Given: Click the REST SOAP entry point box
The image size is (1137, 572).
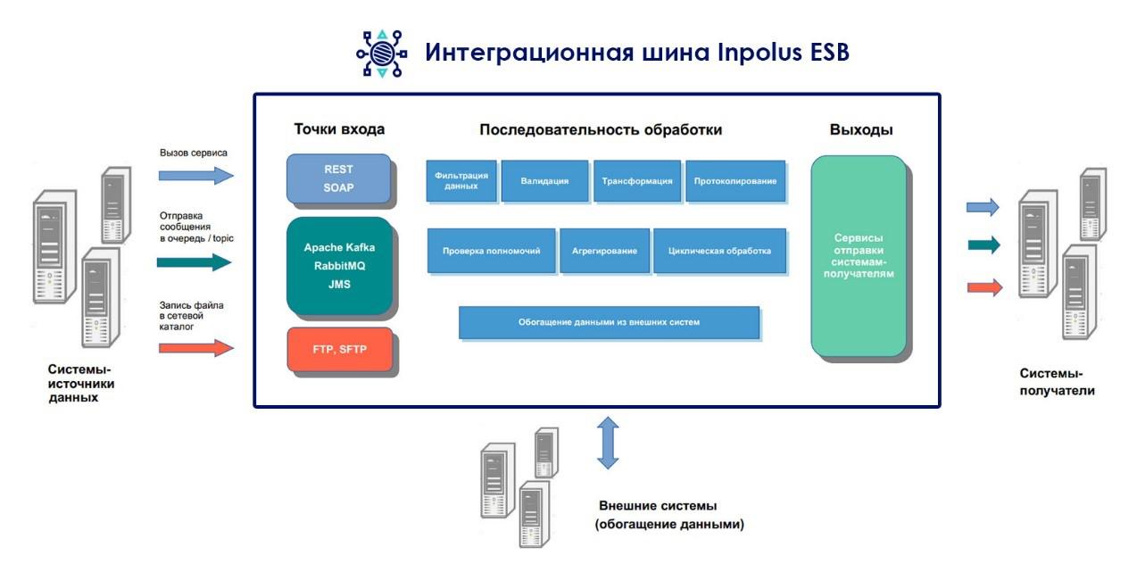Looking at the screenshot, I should pyautogui.click(x=338, y=178).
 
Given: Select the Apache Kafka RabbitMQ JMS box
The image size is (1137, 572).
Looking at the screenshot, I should pyautogui.click(x=338, y=265).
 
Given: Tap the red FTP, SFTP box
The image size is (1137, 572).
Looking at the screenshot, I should pyautogui.click(x=339, y=349).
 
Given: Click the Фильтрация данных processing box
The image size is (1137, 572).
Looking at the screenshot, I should pyautogui.click(x=461, y=180).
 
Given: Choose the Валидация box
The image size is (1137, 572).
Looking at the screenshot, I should pyautogui.click(x=544, y=180).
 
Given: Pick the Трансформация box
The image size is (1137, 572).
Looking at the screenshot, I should pyautogui.click(x=636, y=180).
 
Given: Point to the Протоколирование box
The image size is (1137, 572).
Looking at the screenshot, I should pyautogui.click(x=735, y=180).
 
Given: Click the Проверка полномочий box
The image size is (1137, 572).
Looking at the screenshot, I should pyautogui.click(x=491, y=251).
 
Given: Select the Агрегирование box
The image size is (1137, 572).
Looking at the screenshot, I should pyautogui.click(x=604, y=251).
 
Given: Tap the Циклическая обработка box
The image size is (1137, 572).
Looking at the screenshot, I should pyautogui.click(x=719, y=251).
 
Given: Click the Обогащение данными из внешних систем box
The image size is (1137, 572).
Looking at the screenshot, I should pyautogui.click(x=609, y=322).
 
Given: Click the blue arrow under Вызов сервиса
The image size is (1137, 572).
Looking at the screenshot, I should pyautogui.click(x=195, y=175).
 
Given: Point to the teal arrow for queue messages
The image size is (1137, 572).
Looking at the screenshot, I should pyautogui.click(x=194, y=262).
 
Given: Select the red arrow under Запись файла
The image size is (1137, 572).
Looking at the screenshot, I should pyautogui.click(x=195, y=348).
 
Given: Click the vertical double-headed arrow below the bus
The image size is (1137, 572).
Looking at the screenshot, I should pyautogui.click(x=608, y=442).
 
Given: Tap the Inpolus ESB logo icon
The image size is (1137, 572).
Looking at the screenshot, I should pyautogui.click(x=380, y=54).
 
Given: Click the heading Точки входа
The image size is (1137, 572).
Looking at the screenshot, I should pyautogui.click(x=339, y=129).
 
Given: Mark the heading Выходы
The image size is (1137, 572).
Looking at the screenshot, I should pyautogui.click(x=861, y=130).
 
